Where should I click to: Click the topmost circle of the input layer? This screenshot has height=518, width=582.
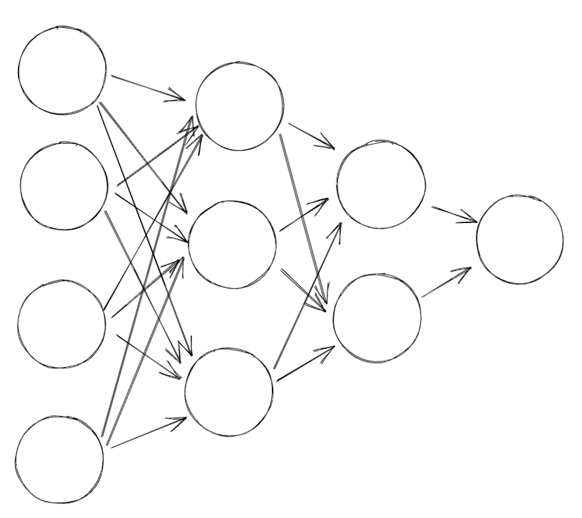tap(62, 71)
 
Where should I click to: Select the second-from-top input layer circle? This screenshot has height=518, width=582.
tap(64, 185)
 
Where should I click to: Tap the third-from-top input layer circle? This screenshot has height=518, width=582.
tap(61, 324)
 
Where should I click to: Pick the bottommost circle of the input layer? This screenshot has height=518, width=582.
tap(59, 459)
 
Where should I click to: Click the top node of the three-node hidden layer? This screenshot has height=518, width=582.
tap(240, 106)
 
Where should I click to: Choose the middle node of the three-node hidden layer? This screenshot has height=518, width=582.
tap(232, 244)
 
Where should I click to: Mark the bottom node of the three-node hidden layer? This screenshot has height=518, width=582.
tap(229, 392)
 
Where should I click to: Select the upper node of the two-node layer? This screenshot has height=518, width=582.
tap(381, 185)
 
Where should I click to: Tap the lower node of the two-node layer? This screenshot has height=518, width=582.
tap(377, 318)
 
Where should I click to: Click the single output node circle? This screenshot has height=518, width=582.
tap(519, 240)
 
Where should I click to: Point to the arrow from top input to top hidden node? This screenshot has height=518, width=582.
tap(148, 88)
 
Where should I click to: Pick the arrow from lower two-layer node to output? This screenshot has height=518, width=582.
tap(446, 282)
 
